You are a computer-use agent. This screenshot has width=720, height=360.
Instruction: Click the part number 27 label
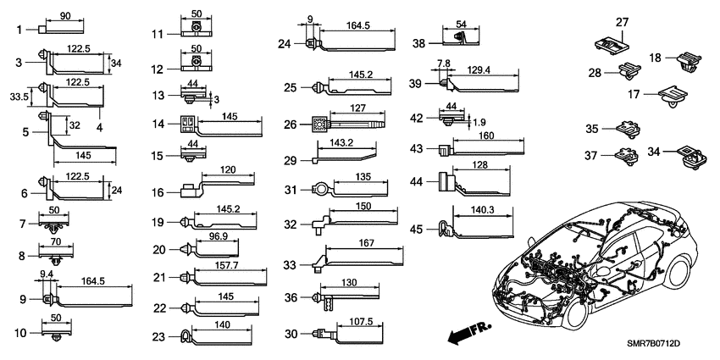622,22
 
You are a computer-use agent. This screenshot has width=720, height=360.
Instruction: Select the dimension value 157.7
224,265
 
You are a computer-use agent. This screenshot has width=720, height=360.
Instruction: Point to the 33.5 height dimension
16,97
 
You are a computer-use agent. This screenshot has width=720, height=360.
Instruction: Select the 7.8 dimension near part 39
444,64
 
